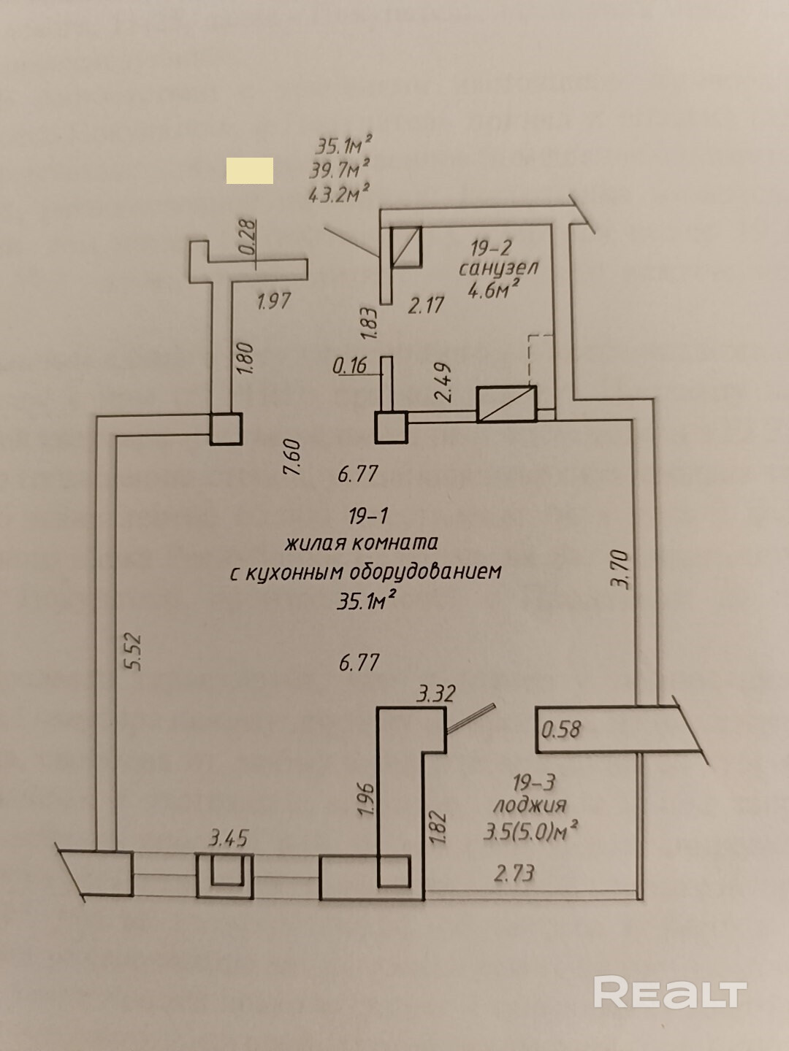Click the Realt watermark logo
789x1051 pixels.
click(670, 993)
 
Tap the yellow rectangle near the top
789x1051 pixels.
click(250, 171)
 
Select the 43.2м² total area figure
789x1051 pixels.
click(338, 194)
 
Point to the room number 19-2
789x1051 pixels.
click(491, 248)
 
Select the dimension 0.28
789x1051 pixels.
click(248, 238)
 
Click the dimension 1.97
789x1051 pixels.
click(274, 301)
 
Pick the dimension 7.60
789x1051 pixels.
click(293, 457)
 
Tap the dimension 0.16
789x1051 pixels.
click(350, 365)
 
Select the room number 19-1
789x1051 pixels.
click(368, 517)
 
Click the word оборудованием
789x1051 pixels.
click(427, 571)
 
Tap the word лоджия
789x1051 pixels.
click(530, 805)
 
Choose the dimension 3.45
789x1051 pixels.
click(228, 837)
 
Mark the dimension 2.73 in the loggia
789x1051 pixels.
click(514, 872)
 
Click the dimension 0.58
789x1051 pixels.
click(561, 728)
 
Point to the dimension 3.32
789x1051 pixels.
click(435, 693)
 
